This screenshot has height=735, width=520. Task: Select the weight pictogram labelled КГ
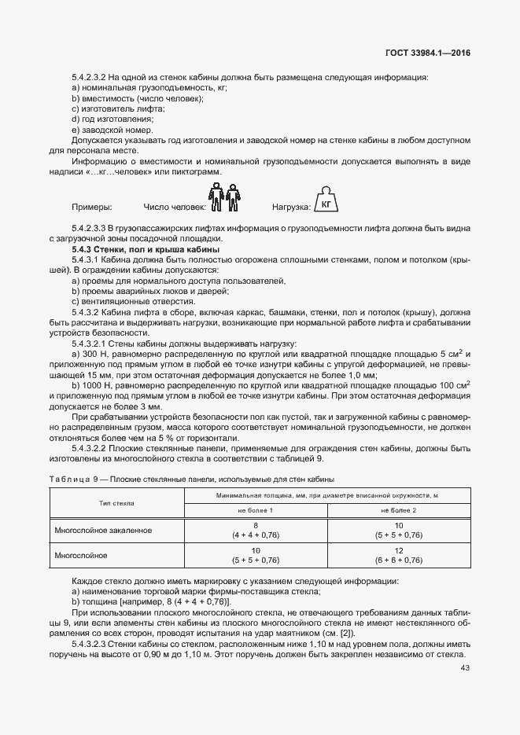(323, 201)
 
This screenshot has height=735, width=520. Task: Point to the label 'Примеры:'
(91, 208)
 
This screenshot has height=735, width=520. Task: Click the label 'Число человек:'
(174, 208)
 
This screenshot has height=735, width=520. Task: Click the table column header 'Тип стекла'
(116, 502)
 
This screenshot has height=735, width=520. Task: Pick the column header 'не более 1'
(256, 510)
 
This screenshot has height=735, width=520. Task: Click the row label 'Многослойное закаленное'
(103, 530)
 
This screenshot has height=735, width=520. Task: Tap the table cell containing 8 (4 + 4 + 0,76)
(256, 530)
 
